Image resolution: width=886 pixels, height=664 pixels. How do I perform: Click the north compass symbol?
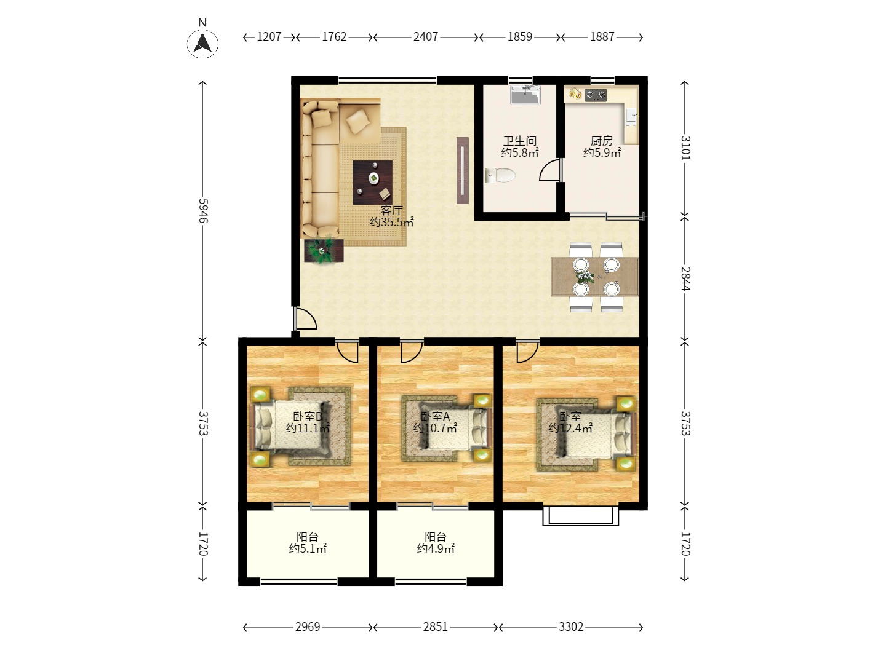(x=202, y=43)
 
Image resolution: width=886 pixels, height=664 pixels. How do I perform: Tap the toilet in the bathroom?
(x=500, y=175)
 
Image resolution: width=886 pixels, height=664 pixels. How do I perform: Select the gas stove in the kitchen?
(x=596, y=95)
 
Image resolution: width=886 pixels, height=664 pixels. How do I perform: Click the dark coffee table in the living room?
(x=372, y=182)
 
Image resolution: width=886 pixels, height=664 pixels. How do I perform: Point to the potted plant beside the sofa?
(x=323, y=251)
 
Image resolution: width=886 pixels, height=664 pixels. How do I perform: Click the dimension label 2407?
(x=425, y=37)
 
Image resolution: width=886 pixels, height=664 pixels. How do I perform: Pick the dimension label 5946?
(x=202, y=210)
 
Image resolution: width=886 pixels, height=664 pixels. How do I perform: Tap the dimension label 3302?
(x=571, y=627)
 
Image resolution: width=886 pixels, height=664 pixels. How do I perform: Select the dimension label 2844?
(x=685, y=278)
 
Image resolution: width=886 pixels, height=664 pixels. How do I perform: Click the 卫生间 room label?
(x=519, y=141)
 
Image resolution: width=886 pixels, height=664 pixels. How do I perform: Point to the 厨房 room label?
(x=601, y=141)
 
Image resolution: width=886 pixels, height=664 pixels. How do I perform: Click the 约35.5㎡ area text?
(x=391, y=222)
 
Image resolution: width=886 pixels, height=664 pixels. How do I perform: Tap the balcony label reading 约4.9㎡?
(x=436, y=548)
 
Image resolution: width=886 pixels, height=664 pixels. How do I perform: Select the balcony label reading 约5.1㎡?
(x=308, y=548)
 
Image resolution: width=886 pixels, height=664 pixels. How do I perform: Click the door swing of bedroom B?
(x=347, y=352)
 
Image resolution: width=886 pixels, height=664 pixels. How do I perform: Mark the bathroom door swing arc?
(x=550, y=170)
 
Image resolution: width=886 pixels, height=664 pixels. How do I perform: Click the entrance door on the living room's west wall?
(x=305, y=318)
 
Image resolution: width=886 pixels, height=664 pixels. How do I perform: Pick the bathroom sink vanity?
(x=525, y=95)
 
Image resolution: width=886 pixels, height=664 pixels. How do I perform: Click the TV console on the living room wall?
(x=463, y=170)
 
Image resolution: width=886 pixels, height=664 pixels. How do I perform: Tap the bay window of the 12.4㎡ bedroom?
(x=580, y=516)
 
